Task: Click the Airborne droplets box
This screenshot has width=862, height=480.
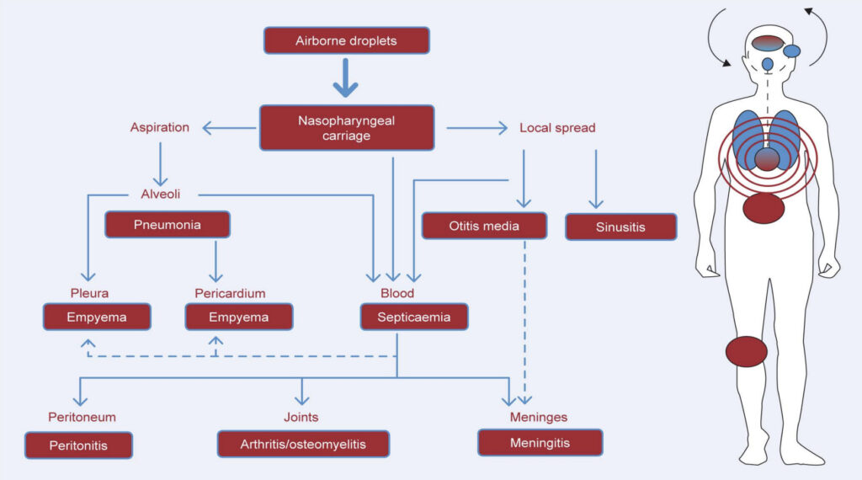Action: pyautogui.click(x=346, y=40)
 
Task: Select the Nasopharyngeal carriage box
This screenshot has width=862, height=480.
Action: pyautogui.click(x=347, y=127)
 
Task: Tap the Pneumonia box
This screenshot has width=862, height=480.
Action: pyautogui.click(x=168, y=224)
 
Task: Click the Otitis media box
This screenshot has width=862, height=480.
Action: pyautogui.click(x=484, y=226)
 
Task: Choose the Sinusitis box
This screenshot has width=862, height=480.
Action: pyautogui.click(x=621, y=227)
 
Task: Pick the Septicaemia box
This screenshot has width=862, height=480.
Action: pyautogui.click(x=414, y=317)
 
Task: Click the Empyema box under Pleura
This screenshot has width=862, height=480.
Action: pyautogui.click(x=97, y=317)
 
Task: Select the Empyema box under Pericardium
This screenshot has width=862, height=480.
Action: pyautogui.click(x=239, y=317)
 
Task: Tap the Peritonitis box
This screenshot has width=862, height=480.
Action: pyautogui.click(x=78, y=445)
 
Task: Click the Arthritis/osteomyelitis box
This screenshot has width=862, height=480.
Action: pyautogui.click(x=303, y=444)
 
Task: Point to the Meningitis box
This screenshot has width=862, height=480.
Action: pyautogui.click(x=540, y=443)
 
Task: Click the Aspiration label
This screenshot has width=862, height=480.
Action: pyautogui.click(x=159, y=127)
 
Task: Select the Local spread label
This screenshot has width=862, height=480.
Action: pyautogui.click(x=557, y=128)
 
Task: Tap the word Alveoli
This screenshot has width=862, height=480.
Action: pyautogui.click(x=161, y=194)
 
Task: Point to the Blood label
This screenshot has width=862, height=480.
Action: pyautogui.click(x=397, y=293)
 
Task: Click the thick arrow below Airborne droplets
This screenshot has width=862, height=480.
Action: pyautogui.click(x=346, y=78)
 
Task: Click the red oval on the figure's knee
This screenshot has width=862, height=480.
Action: pyautogui.click(x=747, y=351)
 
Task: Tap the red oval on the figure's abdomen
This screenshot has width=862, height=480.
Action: pyautogui.click(x=764, y=208)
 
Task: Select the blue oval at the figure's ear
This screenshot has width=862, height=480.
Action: pyautogui.click(x=791, y=51)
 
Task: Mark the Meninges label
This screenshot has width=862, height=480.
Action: pyautogui.click(x=539, y=417)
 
